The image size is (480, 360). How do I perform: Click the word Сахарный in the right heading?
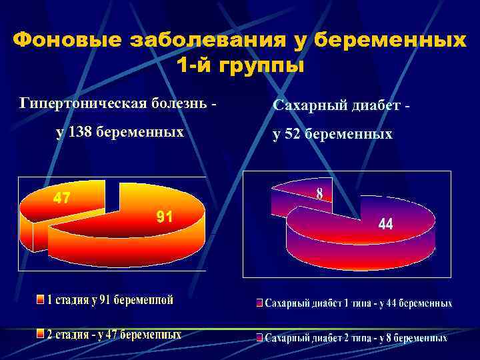(x=307, y=105)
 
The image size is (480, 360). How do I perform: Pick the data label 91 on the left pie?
(x=165, y=216)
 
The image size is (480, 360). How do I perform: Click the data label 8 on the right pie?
(x=320, y=193)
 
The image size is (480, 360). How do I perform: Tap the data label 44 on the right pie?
(x=385, y=225)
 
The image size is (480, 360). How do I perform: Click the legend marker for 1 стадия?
(x=40, y=299)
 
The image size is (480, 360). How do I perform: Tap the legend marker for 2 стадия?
(x=40, y=334)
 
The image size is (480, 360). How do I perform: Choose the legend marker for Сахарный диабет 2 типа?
(x=259, y=338)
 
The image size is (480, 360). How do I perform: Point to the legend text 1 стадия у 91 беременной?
(x=111, y=299)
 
